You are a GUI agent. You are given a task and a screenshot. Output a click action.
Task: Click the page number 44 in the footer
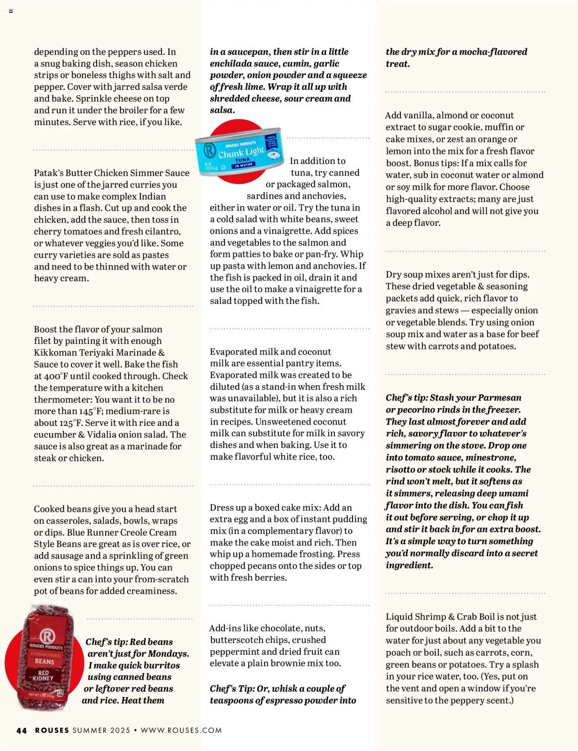pyautogui.click(x=21, y=730)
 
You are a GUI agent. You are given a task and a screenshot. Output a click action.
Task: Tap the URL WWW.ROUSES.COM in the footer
pyautogui.click(x=181, y=730)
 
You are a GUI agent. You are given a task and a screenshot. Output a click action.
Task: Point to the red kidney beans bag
pyautogui.click(x=44, y=657)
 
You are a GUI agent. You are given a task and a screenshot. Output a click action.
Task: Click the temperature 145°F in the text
pyautogui.click(x=86, y=411)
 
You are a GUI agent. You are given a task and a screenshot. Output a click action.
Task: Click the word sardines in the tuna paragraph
pyautogui.click(x=264, y=196)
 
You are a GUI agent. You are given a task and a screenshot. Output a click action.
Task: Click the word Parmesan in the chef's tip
pyautogui.click(x=499, y=398)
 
